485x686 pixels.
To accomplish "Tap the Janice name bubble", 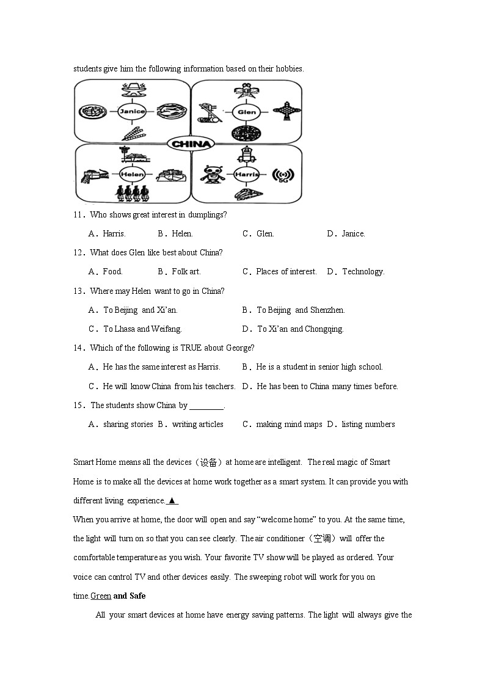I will coord(133,111).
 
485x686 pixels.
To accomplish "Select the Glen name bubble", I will coord(247,112).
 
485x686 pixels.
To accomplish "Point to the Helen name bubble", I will coord(132,174).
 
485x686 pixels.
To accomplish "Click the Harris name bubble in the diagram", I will coord(247,175).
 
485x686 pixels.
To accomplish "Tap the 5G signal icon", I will coord(282,176).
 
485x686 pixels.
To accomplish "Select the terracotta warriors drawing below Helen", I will coord(133,193).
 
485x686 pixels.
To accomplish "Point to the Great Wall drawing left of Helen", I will coord(97,176).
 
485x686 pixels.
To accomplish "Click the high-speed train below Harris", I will coord(247,194).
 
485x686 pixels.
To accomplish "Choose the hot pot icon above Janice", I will coord(132,90).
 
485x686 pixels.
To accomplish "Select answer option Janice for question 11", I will coord(353,234).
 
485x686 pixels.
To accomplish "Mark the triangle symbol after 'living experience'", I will coord(172,501).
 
